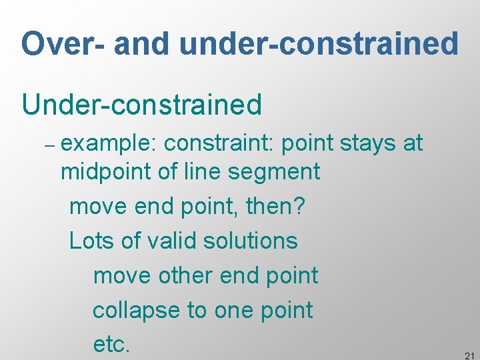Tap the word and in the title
143,44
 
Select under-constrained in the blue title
319,44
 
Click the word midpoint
105,172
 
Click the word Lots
92,240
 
